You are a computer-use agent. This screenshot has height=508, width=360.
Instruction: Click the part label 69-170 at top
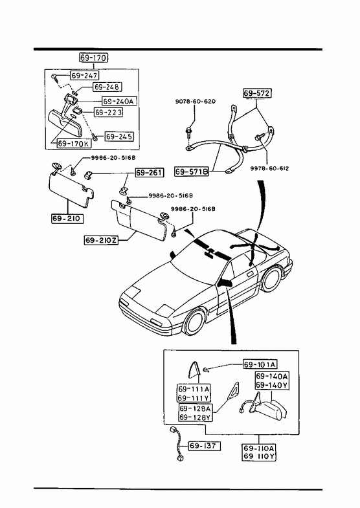click(x=93, y=58)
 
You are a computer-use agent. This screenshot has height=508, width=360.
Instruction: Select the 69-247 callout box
click(x=85, y=76)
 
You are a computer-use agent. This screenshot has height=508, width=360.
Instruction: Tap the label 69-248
click(x=107, y=87)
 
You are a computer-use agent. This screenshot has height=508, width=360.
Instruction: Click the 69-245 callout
click(x=119, y=137)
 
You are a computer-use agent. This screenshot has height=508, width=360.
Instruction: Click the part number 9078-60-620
click(x=196, y=102)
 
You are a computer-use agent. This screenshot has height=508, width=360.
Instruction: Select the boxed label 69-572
click(x=256, y=93)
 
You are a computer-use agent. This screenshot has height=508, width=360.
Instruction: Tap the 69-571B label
click(x=192, y=171)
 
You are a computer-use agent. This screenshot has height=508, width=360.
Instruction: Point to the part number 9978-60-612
click(x=269, y=168)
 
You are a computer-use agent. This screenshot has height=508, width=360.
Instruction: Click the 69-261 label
click(x=150, y=173)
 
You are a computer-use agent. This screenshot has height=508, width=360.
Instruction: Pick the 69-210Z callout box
click(x=102, y=240)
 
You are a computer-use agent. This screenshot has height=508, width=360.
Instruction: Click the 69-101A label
click(x=260, y=364)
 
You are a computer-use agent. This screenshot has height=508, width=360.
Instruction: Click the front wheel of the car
click(x=195, y=323)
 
